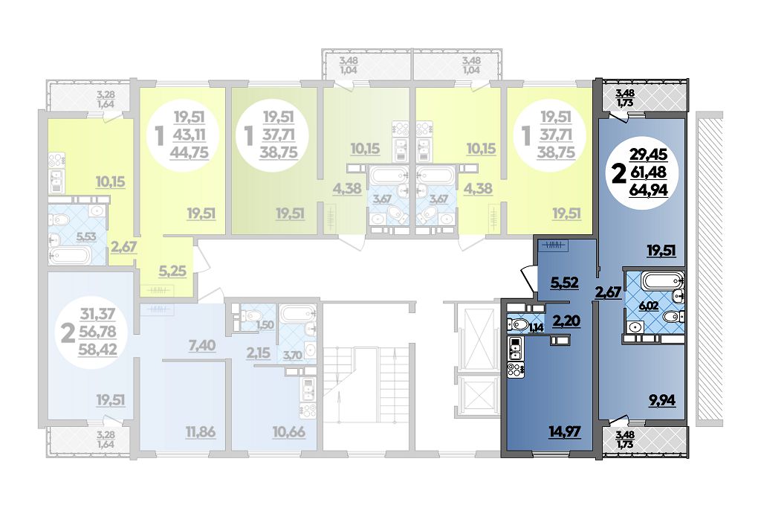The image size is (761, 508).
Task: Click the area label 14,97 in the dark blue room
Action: tap(566, 431)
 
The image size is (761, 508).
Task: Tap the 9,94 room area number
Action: tap(662, 401)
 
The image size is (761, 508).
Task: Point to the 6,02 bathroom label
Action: tap(636, 306)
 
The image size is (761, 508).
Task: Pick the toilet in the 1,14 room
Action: tap(519, 324)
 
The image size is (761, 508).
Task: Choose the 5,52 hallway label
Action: tap(565, 282)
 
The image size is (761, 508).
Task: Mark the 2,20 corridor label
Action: tap(566, 321)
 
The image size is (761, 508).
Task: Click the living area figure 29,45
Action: tap(648, 155)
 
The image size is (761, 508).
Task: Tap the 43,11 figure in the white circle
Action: tap(189, 135)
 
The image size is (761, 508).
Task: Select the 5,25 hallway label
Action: tap(172, 271)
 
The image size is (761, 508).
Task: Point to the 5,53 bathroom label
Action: tap(86, 237)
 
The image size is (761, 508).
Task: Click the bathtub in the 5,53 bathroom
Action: tap(69, 255)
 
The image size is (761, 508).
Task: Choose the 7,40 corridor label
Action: tap(202, 345)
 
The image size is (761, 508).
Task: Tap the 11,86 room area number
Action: tap(200, 431)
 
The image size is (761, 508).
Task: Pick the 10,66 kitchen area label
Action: tap(289, 431)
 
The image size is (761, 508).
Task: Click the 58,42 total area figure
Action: tap(97, 349)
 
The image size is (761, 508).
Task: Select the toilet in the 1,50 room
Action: tap(251, 317)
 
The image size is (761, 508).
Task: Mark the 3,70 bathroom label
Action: tap(292, 355)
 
